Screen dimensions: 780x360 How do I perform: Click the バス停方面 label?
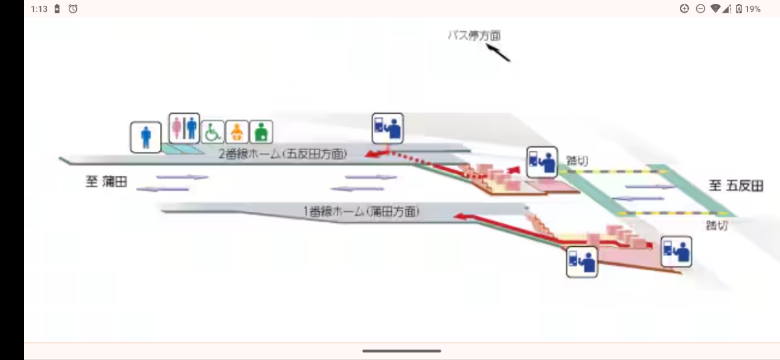pos(474,36)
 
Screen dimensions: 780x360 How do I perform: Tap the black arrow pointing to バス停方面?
pos(499,53)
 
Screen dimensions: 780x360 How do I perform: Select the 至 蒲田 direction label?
pos(106,182)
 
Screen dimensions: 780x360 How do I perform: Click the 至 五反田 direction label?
pos(736,186)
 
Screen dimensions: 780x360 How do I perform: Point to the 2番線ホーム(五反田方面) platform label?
pos(283,154)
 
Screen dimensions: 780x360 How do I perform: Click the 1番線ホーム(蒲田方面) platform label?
pos(361,211)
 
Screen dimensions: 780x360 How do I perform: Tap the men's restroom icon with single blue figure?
pos(146,137)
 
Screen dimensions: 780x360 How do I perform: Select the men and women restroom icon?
pos(184,128)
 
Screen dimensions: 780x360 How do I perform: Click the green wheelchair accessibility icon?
pos(213,132)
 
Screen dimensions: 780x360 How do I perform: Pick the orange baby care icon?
pos(237,132)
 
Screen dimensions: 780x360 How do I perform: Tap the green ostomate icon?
pos(261,132)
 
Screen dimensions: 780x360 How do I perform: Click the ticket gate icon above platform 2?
pos(387,128)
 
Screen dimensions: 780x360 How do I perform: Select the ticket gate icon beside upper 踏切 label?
pos(542,162)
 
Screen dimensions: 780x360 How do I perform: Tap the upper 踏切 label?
pos(577,161)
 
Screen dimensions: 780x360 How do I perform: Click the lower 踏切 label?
pos(717,225)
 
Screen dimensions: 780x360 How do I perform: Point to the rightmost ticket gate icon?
pos(676,251)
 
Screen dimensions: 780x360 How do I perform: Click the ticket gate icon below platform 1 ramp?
pos(582,262)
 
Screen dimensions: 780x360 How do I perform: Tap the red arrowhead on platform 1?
pos(460,216)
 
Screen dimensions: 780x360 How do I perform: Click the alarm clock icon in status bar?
pos(73,8)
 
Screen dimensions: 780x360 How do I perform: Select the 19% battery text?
pos(753,9)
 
